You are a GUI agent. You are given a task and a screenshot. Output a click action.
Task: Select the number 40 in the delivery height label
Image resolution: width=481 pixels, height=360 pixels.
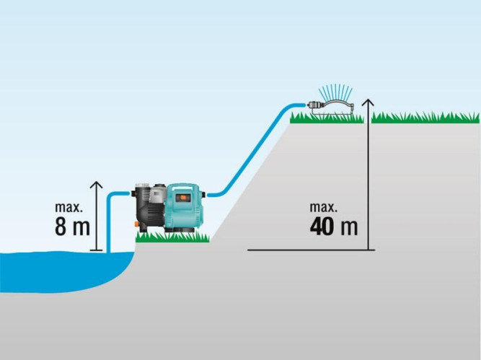tap(324, 226)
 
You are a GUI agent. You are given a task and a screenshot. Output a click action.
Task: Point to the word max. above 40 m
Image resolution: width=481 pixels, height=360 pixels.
tap(324, 206)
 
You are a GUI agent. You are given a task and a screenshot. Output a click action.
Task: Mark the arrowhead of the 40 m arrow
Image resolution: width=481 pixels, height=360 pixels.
tap(368, 102)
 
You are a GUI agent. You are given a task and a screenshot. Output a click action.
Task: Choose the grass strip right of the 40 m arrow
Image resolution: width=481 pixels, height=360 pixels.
tap(425, 117)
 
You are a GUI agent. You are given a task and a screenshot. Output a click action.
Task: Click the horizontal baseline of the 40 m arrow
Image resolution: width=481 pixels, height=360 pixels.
tap(310, 250)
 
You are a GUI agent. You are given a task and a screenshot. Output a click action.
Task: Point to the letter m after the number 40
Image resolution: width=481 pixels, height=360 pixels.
tap(350, 227)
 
